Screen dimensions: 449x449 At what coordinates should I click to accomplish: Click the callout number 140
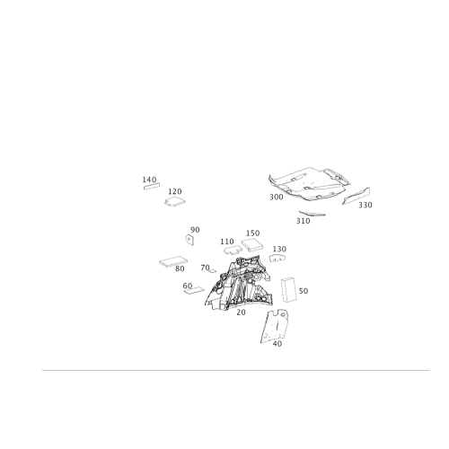(x=149, y=180)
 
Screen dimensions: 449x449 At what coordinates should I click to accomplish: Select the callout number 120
(x=175, y=191)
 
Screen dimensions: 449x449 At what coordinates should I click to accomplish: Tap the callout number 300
(x=276, y=197)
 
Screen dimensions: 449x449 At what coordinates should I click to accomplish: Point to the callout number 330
(x=365, y=205)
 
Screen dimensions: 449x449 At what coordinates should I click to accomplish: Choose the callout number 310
(x=303, y=221)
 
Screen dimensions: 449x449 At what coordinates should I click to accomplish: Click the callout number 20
(x=241, y=313)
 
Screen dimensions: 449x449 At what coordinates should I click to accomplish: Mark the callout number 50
(x=304, y=291)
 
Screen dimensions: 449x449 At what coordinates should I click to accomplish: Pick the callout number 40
(x=277, y=344)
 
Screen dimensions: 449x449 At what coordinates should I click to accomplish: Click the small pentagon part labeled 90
(x=189, y=240)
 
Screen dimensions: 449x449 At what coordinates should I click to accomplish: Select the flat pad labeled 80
(x=173, y=261)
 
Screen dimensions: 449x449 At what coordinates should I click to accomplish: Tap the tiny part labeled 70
(x=212, y=270)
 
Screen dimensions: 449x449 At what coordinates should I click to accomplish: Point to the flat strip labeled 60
(x=194, y=290)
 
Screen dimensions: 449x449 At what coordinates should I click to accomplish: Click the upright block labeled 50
(x=289, y=289)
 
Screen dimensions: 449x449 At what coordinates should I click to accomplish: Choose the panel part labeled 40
(x=275, y=326)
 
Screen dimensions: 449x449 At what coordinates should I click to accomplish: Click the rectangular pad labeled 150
(x=253, y=245)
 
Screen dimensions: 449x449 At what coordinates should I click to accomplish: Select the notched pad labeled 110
(x=233, y=250)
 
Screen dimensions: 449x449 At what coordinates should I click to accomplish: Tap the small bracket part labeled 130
(x=277, y=259)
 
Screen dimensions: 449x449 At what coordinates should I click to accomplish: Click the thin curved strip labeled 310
(x=313, y=214)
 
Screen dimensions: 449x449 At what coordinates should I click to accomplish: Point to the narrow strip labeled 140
(x=152, y=186)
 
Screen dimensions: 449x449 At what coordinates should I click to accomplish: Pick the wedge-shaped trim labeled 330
(x=357, y=196)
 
